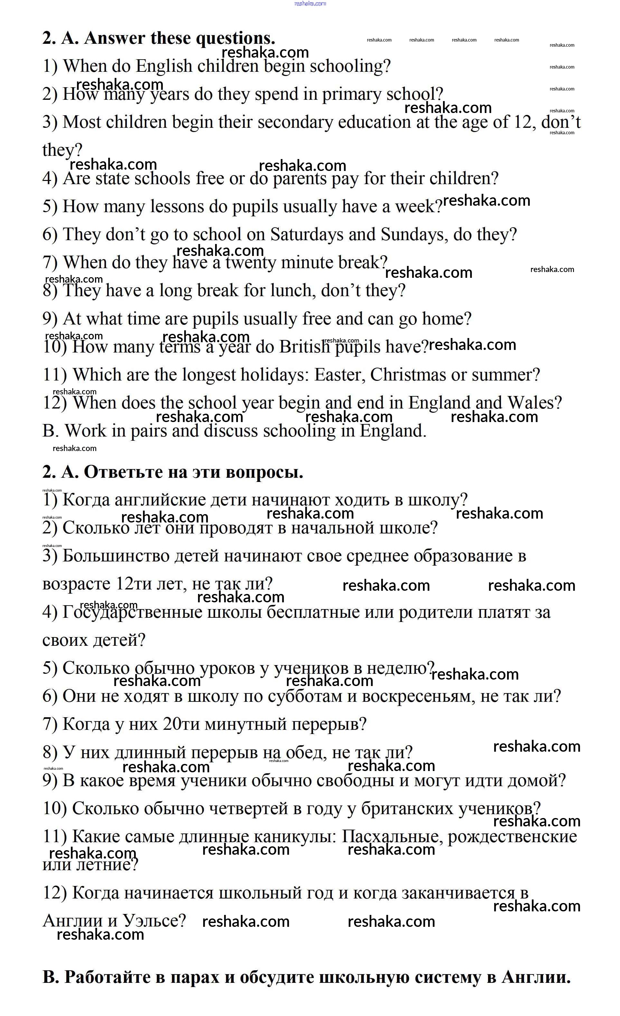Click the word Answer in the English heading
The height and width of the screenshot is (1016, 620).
point(114,38)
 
